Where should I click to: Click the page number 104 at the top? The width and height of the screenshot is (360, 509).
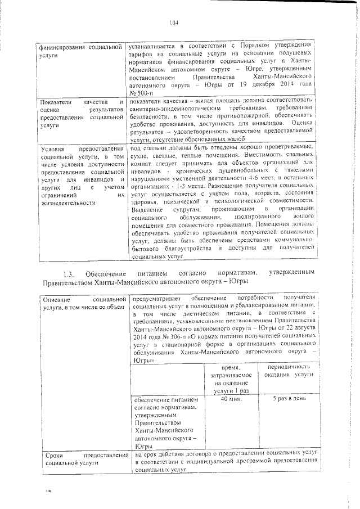point(173,23)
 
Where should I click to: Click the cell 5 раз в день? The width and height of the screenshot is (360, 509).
point(285,399)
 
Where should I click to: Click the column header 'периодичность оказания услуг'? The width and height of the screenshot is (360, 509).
point(285,371)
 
